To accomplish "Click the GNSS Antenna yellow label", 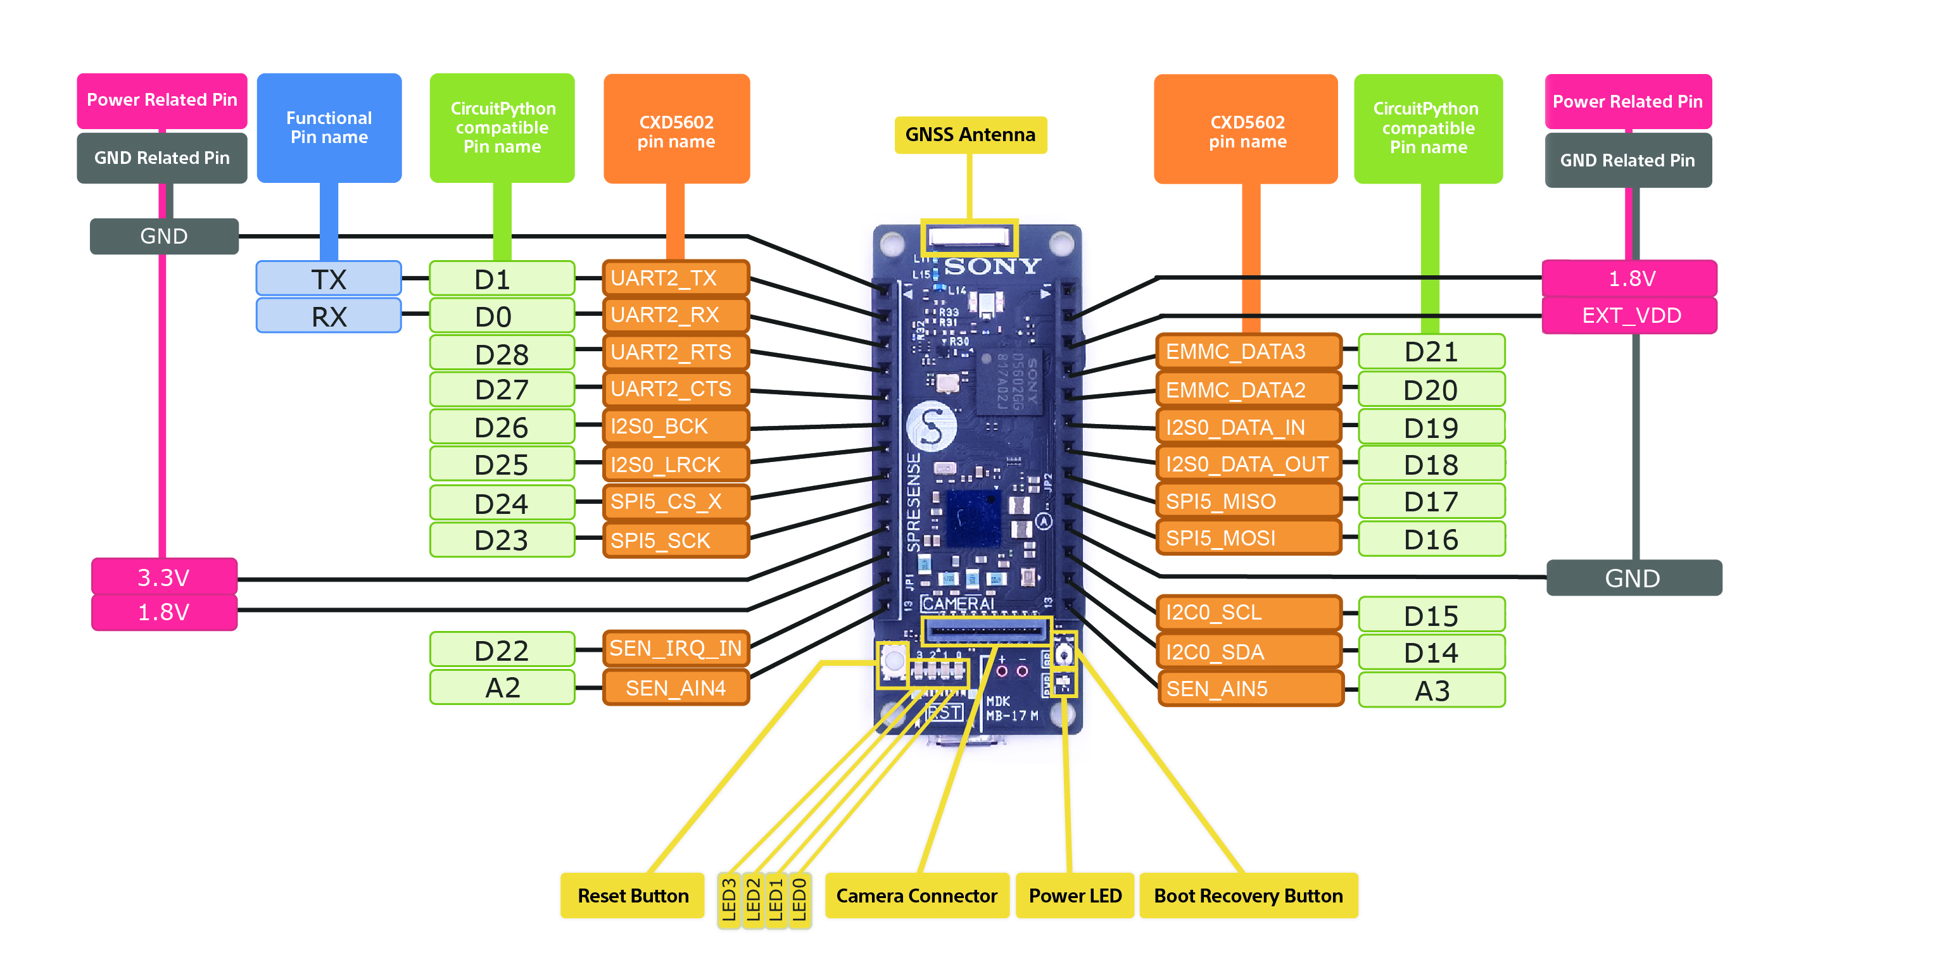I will [970, 134].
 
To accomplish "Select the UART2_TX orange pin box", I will [675, 278].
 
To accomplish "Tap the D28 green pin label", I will [502, 353].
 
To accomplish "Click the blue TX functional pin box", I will [329, 278].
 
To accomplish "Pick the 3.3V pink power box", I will [164, 577].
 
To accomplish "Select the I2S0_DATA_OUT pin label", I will [1248, 464].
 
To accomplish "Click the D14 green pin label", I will [1430, 652].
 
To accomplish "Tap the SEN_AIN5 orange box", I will [1249, 689].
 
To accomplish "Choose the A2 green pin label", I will [502, 688].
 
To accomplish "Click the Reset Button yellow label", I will [632, 896].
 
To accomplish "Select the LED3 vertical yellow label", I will [728, 899].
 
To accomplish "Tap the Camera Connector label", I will [916, 896].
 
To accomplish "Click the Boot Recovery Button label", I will [1248, 896].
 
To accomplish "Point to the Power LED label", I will [1074, 896].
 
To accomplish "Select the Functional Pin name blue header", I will [329, 127].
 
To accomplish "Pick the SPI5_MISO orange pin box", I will [1248, 501].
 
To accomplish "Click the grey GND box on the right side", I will [1633, 578].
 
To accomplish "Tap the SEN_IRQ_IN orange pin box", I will [675, 648].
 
